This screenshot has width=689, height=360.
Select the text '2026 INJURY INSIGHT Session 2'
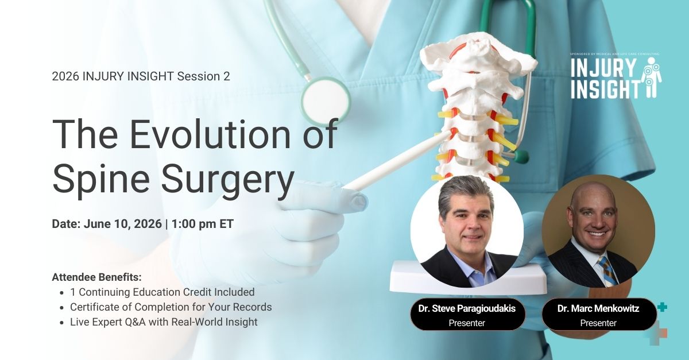click(x=141, y=76)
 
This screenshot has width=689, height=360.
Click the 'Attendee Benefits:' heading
click(x=96, y=276)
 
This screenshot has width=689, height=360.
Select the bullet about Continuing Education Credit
click(x=162, y=292)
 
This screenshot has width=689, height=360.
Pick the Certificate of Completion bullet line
click(x=171, y=307)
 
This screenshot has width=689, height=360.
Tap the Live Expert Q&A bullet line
click(x=164, y=322)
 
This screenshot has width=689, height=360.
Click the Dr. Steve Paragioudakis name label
click(x=467, y=309)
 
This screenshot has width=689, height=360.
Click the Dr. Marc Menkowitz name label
click(x=598, y=309)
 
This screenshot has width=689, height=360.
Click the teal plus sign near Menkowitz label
click(x=662, y=307)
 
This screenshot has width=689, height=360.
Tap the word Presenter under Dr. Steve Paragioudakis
click(x=467, y=323)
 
